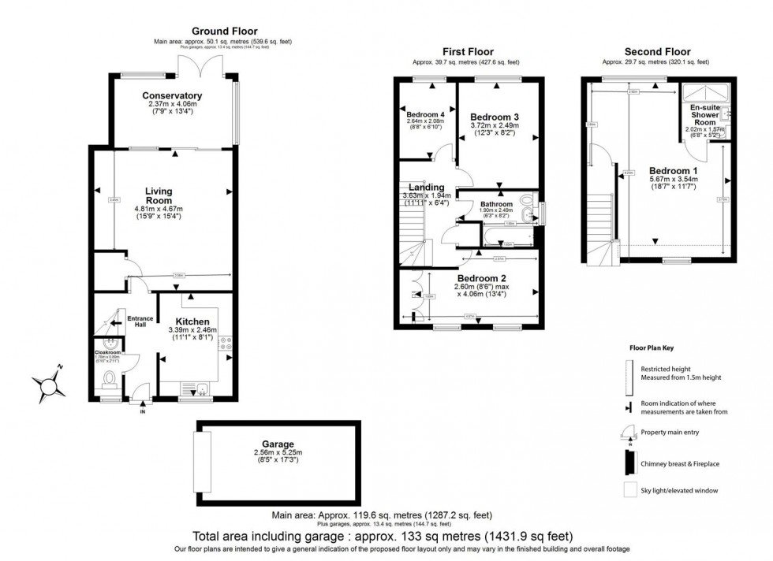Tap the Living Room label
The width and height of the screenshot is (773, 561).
[x=158, y=195]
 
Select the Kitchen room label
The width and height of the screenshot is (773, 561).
[x=192, y=321]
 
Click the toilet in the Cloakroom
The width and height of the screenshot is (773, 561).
[x=109, y=381]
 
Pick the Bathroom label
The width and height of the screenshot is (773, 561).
[x=497, y=204]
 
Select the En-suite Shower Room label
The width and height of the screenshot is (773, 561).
[x=704, y=115]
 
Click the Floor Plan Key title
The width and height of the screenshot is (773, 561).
[x=651, y=347]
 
